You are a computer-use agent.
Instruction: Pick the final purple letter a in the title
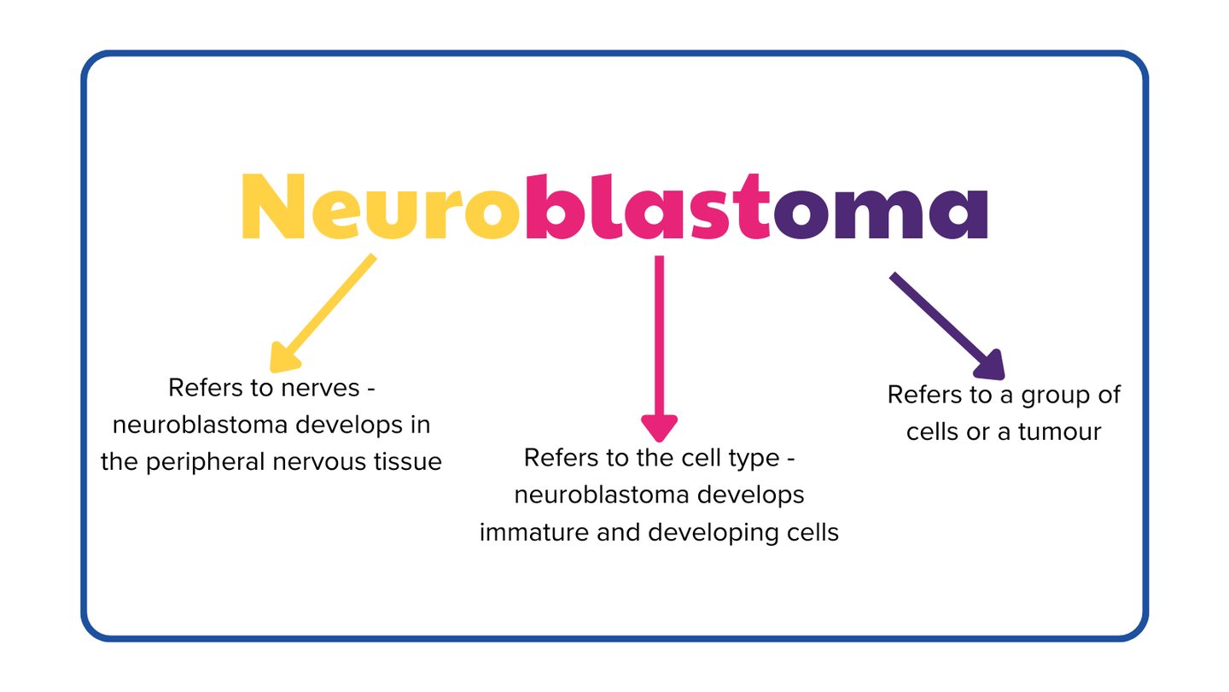click(x=958, y=214)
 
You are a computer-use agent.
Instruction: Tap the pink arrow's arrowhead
click(x=659, y=427)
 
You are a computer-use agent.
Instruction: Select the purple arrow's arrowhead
click(x=992, y=366)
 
